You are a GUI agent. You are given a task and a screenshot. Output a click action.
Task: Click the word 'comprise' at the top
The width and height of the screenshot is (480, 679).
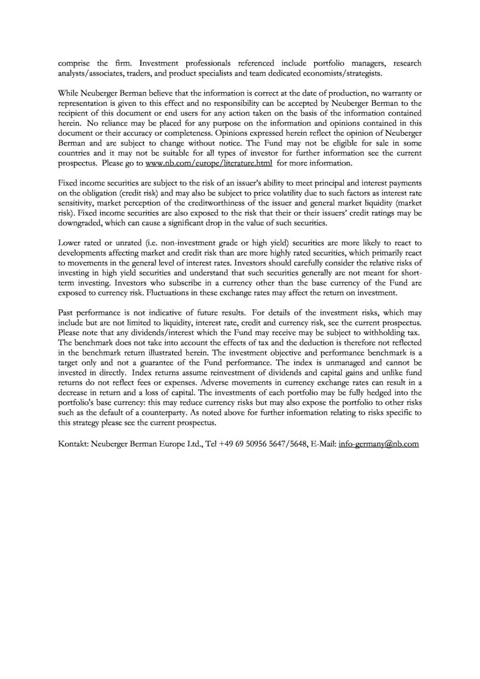[74, 63]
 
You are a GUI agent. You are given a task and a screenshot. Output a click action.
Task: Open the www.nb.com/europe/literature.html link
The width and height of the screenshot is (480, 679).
[209, 163]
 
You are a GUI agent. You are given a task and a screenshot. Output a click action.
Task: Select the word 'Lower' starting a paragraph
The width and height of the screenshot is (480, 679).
[68, 243]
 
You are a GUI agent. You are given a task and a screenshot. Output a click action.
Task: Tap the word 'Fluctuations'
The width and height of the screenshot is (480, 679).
[168, 293]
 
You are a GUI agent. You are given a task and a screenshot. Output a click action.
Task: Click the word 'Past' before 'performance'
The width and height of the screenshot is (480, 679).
[65, 313]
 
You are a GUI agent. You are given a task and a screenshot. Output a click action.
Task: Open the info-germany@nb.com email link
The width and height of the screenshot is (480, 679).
[378, 444]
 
